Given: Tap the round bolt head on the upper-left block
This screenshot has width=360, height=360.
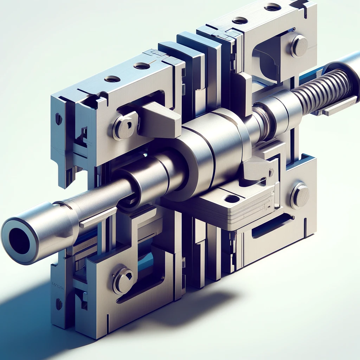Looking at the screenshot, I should click(x=124, y=127).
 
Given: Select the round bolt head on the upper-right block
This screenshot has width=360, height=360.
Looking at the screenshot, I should click(x=299, y=46).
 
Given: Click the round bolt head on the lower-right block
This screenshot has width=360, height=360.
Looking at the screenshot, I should click(x=300, y=196).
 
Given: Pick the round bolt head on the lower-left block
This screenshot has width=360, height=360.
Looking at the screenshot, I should click(x=123, y=281).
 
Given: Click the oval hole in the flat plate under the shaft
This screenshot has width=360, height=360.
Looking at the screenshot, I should click(x=232, y=199).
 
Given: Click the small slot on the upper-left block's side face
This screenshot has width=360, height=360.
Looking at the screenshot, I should click(x=58, y=119).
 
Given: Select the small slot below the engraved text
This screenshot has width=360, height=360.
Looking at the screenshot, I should click(x=59, y=304).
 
